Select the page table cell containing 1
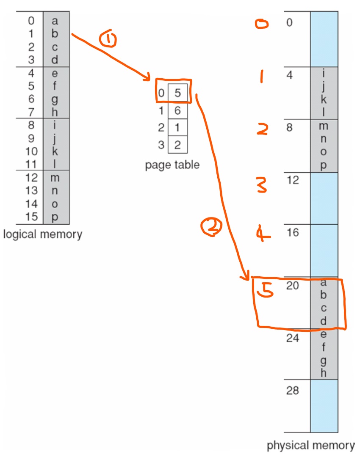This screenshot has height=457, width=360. tap(177, 128)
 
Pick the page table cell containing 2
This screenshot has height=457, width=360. tap(177, 146)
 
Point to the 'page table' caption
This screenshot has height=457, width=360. tap(172, 165)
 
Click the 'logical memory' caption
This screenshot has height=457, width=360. tap(42, 234)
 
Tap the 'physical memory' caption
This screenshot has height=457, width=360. tap(310, 445)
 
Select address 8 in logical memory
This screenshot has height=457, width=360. tap(31, 125)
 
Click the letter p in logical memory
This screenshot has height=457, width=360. tap(55, 217)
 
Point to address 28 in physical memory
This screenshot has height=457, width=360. tap(292, 390)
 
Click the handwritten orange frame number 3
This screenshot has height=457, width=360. tap(262, 185)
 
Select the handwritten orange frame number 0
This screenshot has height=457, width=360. tap(262, 24)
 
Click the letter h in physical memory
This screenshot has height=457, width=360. tap(324, 373)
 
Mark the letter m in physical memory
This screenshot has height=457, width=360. tap(324, 126)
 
